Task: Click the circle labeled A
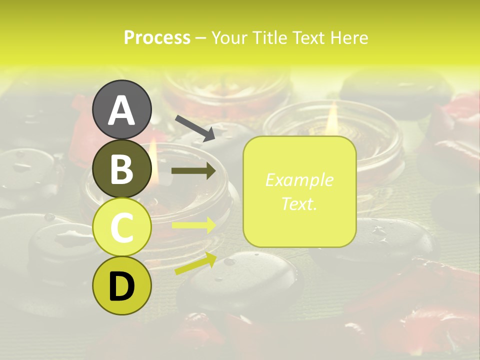coord(122,109)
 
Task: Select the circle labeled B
coord(122,168)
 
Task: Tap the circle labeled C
coord(122,227)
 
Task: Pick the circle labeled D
coord(122,286)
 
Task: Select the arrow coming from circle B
coord(194,171)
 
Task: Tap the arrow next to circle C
coord(194,225)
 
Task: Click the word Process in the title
coord(157,37)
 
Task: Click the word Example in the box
coord(299,180)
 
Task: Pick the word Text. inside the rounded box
coord(299,203)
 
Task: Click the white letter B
coord(122,169)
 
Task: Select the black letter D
coord(122,286)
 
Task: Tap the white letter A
coord(122,110)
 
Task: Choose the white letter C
coord(122,228)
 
